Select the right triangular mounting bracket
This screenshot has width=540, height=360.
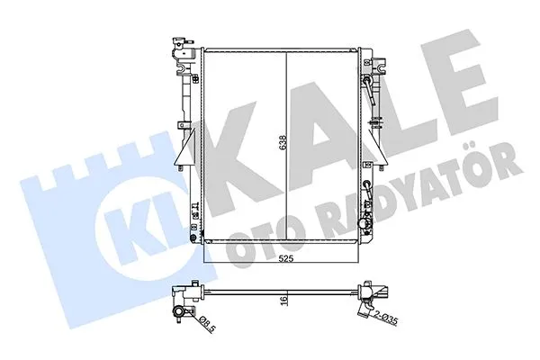click(x=378, y=148)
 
